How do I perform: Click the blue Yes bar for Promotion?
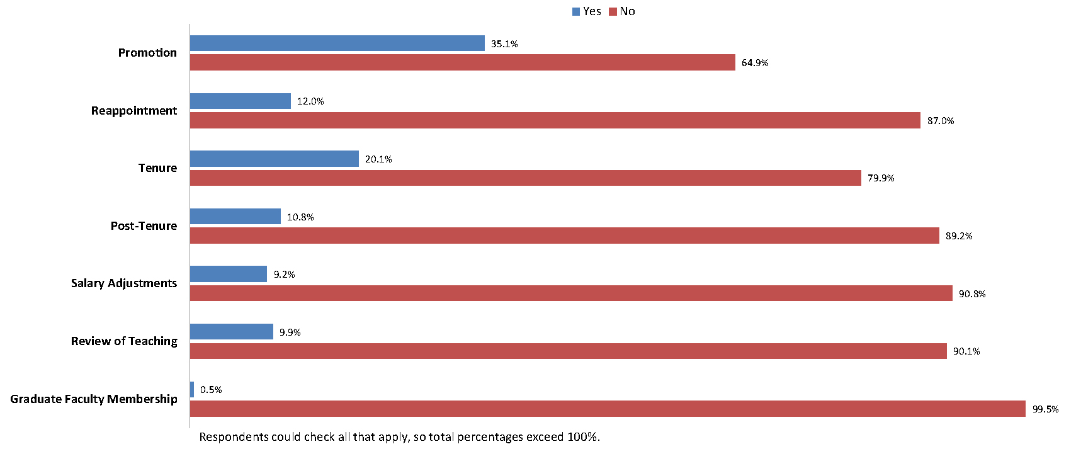point(337,43)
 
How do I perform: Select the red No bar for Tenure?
point(525,178)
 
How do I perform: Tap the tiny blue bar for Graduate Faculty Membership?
point(192,390)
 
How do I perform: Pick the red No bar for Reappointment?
point(555,120)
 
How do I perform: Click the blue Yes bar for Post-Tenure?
point(235,217)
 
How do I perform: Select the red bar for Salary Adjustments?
point(571,293)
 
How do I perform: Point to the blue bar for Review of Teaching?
point(231,332)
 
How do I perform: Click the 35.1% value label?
point(504,44)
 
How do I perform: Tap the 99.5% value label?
point(1045,409)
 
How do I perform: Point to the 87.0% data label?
point(941,121)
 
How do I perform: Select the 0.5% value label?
point(211,390)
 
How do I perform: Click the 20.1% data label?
point(378,159)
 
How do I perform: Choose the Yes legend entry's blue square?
point(576,11)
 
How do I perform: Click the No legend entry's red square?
point(613,11)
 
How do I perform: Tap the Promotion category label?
point(147,53)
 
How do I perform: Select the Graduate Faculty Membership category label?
point(94,399)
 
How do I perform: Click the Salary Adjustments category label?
point(124,283)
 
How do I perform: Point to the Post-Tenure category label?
point(144,226)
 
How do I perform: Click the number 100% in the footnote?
point(582,437)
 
